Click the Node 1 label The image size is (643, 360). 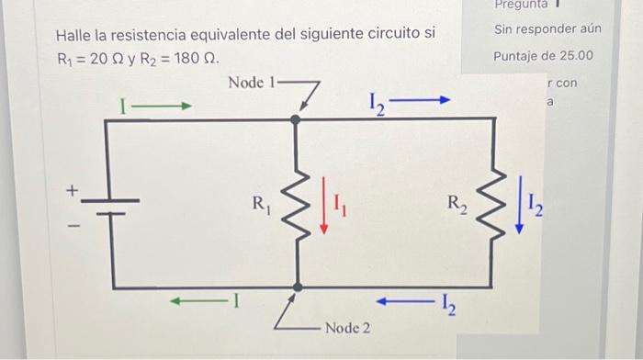click(x=251, y=83)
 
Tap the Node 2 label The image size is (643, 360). click(x=347, y=328)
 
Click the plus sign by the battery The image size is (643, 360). click(x=69, y=190)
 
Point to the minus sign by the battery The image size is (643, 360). click(x=69, y=224)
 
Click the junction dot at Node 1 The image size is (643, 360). click(x=296, y=119)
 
